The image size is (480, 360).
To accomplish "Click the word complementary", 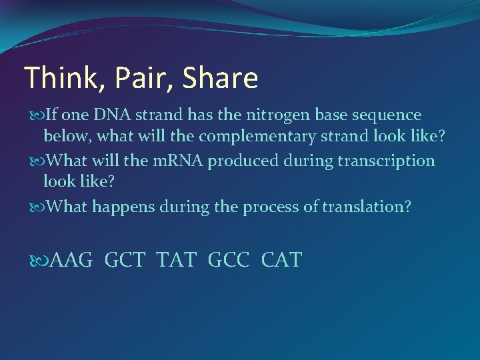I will tap(250, 137).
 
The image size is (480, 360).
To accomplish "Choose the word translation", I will tap(365, 207).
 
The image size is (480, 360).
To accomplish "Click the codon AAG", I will tap(71, 260).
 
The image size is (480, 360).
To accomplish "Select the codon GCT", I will tap(125, 260).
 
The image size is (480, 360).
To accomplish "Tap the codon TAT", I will tap(176, 260).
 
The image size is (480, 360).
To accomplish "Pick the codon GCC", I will tap(229, 260).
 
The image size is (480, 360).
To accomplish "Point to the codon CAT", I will tap(281, 260).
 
